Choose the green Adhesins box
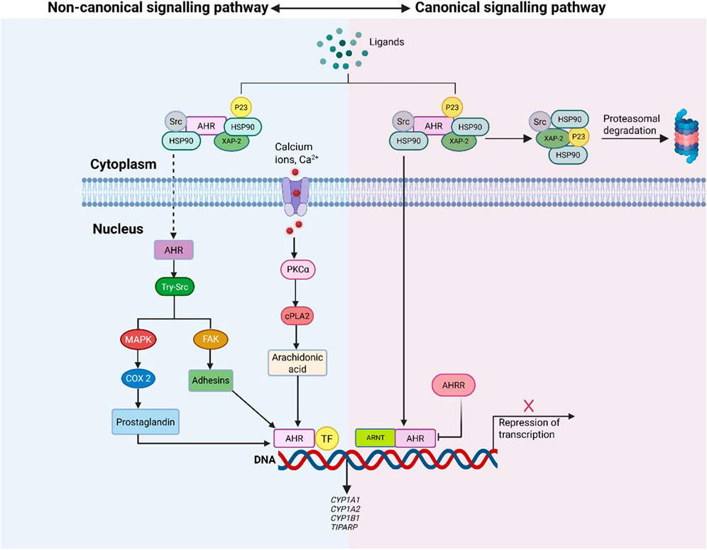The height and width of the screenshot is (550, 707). [210, 380]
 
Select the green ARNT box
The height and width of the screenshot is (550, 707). [375, 438]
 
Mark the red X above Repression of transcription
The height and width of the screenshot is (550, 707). [528, 405]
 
